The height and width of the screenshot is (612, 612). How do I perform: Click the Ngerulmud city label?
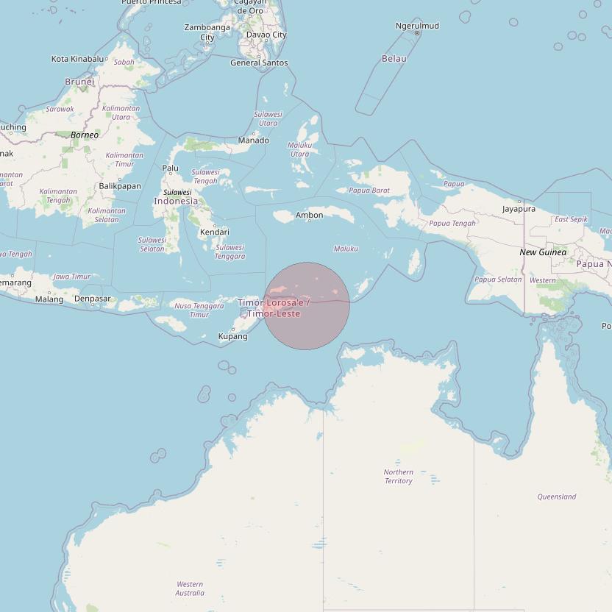[417, 26]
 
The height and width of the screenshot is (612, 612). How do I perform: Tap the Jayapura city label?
[519, 209]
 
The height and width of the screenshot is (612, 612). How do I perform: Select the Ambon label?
[309, 216]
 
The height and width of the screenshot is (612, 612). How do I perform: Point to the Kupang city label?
[232, 337]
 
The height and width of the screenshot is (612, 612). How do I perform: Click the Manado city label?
[253, 140]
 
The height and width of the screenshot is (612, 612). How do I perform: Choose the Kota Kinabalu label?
[78, 59]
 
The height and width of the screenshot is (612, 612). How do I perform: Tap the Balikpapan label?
[120, 186]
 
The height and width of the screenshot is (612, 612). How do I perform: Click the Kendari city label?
[214, 232]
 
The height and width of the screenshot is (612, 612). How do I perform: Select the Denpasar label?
[93, 299]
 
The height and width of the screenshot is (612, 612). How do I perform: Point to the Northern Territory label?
[398, 477]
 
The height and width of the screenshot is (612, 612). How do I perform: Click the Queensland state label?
[556, 497]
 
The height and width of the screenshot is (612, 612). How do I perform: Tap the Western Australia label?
[190, 588]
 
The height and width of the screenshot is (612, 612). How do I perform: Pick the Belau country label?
[394, 59]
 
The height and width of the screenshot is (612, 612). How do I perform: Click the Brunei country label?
[79, 82]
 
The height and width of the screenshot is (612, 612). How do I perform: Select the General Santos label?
[259, 63]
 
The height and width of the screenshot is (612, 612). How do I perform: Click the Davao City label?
[266, 35]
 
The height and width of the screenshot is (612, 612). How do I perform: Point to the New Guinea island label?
[543, 252]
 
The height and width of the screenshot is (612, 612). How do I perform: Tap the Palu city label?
[170, 168]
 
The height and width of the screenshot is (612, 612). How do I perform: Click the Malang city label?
[49, 299]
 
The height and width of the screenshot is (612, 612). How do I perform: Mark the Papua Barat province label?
[369, 191]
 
